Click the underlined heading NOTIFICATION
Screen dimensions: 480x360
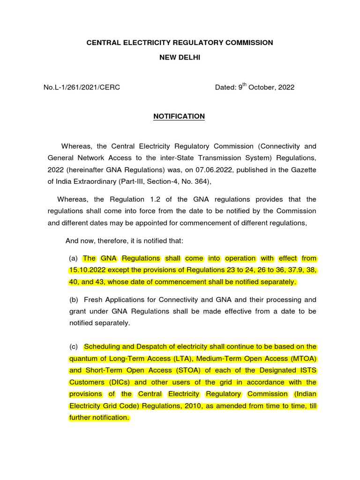click(x=179, y=116)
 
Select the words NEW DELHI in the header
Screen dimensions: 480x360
click(x=179, y=58)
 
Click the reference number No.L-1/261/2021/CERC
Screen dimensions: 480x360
click(x=82, y=87)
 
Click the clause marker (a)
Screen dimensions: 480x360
click(x=73, y=258)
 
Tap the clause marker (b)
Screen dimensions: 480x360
click(x=73, y=300)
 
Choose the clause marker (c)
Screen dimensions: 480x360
click(x=73, y=347)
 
